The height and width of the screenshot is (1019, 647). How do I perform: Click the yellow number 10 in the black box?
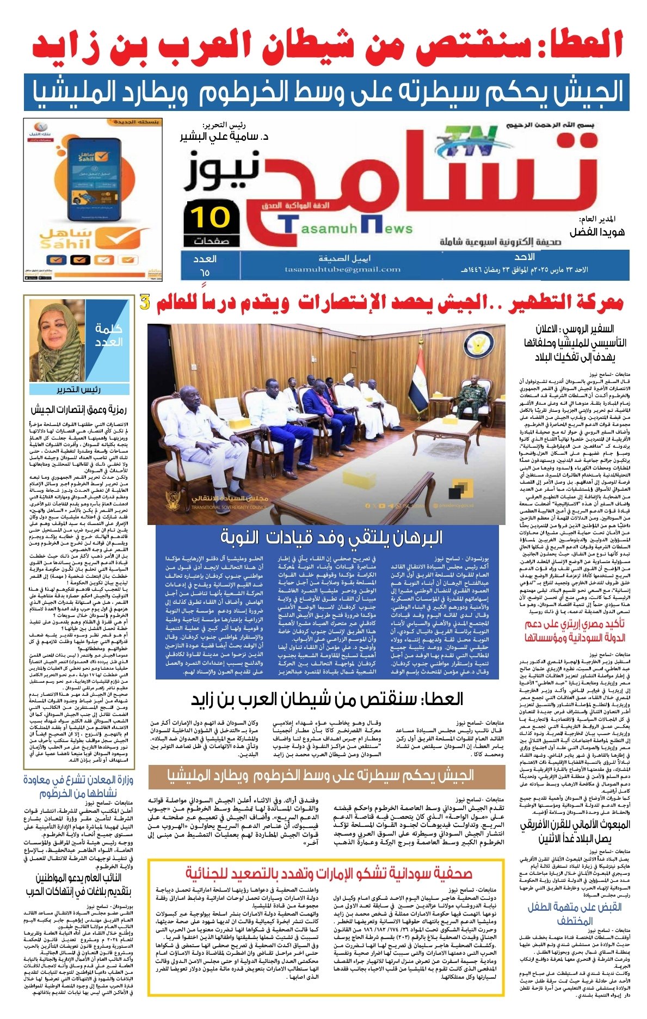[211, 217]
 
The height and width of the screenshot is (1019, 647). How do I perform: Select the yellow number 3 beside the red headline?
[145, 302]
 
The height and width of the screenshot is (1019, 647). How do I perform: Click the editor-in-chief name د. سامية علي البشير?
[224, 137]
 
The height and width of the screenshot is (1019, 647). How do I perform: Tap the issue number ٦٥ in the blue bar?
[204, 272]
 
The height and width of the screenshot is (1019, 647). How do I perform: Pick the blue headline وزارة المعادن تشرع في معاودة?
[78, 786]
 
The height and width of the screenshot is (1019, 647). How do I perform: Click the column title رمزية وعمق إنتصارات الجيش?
[78, 409]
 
